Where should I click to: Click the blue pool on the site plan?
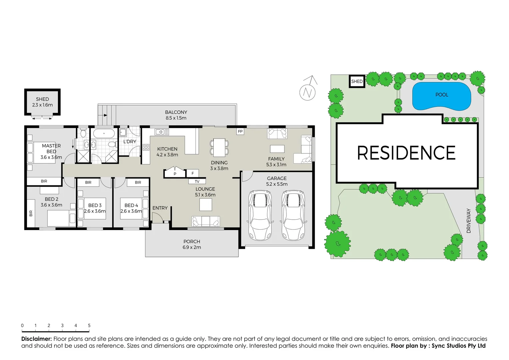coord(441,96)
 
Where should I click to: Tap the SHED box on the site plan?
coord(357,81)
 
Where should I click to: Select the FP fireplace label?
coord(240,131)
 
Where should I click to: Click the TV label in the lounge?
coord(197,182)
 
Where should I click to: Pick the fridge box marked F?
coord(193,173)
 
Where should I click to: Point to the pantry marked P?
coord(175,173)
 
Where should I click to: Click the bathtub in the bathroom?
coord(104,134)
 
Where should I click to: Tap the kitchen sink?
coord(162,132)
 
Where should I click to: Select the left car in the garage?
coord(260,215)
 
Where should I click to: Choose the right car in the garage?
coord(293,215)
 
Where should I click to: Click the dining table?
coord(219,147)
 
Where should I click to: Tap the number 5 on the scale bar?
coord(89,326)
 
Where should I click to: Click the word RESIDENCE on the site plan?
coord(406,153)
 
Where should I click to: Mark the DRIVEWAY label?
coord(469,221)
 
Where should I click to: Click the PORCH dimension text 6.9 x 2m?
coord(192,247)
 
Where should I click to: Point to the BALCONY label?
coord(176,112)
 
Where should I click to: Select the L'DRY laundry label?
coord(130,142)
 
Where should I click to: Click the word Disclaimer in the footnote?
coord(36,339)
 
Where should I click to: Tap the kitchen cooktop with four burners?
coord(146,147)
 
